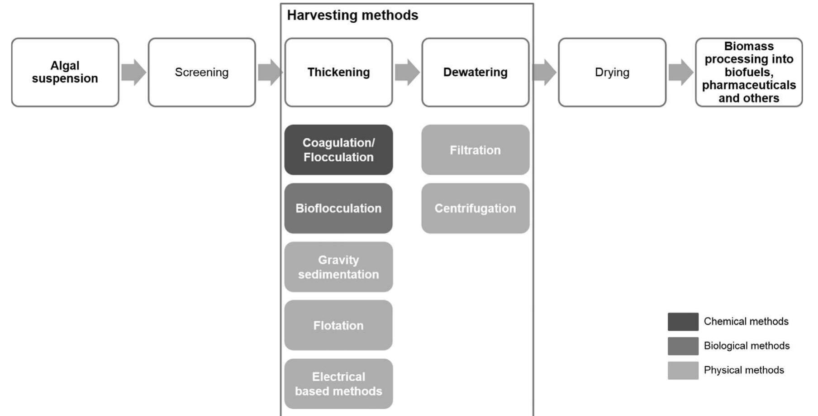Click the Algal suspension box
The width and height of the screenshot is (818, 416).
coord(65,73)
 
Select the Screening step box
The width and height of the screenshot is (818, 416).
coord(202,73)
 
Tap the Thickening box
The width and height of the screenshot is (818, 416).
coord(338,73)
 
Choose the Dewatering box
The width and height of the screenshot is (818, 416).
coord(475,73)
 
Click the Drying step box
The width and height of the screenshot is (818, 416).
coord(612,73)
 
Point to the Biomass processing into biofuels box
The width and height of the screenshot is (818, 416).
coord(749,73)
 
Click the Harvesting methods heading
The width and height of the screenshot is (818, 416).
coord(352,15)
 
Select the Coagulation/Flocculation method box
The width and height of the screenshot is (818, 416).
coord(338,150)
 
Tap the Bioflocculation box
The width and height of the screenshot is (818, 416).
coord(338,208)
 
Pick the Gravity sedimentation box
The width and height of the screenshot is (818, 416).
coord(338,267)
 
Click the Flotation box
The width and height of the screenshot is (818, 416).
coord(338,325)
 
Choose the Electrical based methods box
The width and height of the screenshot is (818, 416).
coord(338,384)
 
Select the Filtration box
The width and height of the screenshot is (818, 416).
coord(475,150)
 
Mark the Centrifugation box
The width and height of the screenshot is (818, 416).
coord(475,208)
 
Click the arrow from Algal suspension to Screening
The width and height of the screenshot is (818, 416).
coord(133,73)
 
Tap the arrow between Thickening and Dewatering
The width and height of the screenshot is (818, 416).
coord(407,73)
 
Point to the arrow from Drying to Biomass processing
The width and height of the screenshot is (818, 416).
coord(680,73)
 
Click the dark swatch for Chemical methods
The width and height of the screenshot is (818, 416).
coord(683,322)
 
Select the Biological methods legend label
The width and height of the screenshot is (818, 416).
coord(747,346)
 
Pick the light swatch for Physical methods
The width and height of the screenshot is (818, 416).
coord(683,370)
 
